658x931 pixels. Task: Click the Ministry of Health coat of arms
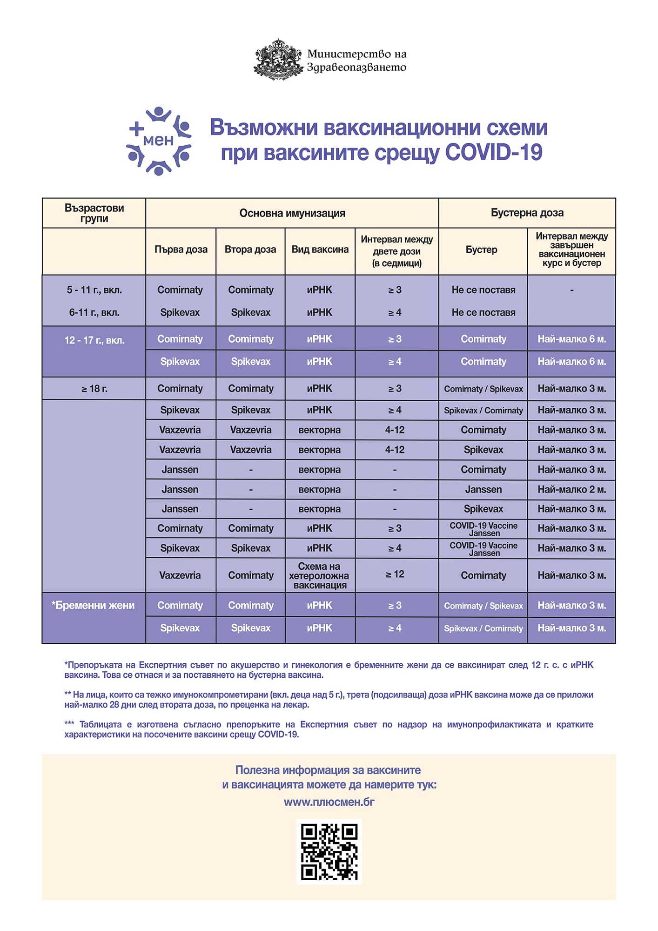pos(278,60)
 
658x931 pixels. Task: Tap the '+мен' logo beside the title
pos(159,141)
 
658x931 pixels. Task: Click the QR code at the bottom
pos(329,852)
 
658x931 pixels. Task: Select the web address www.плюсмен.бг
pos(329,802)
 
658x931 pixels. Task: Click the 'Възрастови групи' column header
pos(94,213)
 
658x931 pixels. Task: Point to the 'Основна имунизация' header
pos(292,213)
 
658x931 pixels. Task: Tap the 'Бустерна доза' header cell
pos(527,213)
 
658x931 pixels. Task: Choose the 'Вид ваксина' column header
pos(320,250)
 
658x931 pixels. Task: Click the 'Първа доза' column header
pos(181,250)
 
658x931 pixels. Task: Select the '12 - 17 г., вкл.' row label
pos(94,340)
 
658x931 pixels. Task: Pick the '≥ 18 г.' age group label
pos(94,389)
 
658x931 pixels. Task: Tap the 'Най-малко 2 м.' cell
pos(571,489)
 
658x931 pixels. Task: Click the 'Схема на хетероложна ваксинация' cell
pos(320,576)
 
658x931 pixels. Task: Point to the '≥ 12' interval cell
pos(395,574)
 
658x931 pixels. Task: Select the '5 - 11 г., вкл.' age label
pos(94,290)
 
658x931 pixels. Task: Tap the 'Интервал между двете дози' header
pos(396,251)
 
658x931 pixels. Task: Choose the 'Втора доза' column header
pos(250,250)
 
